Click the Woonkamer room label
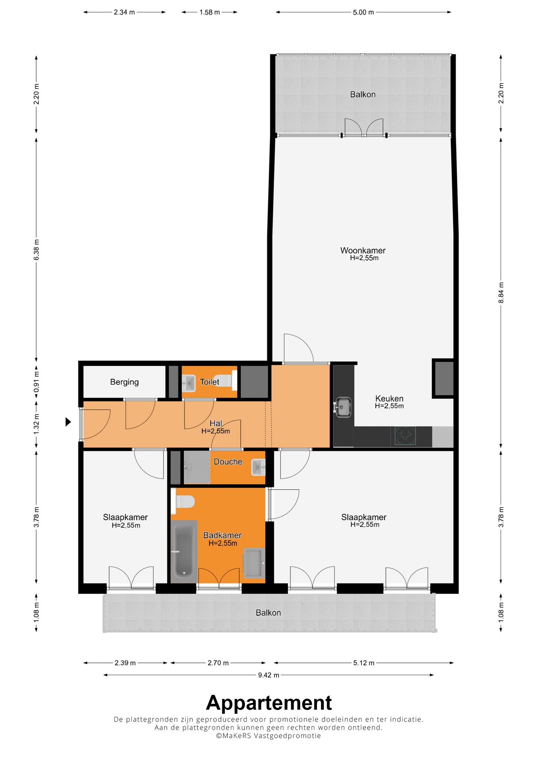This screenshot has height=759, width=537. [363, 251]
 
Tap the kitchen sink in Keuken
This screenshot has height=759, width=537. [343, 407]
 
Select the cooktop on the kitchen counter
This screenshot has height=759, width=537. [405, 436]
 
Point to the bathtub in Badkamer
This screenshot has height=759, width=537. [184, 550]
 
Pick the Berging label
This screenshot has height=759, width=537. [124, 382]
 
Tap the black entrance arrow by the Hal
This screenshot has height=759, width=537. [68, 422]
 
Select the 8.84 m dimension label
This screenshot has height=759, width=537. [501, 293]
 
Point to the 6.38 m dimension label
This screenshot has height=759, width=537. [36, 249]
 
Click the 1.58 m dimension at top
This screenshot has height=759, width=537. [210, 12]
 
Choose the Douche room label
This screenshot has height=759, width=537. [228, 462]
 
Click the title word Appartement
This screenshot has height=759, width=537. [269, 702]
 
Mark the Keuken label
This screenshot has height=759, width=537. [389, 399]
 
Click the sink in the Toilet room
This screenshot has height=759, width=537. [189, 382]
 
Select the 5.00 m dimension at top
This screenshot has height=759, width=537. [363, 12]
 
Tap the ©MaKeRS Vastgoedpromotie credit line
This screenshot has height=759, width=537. [268, 736]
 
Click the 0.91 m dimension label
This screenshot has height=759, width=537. [36, 382]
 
